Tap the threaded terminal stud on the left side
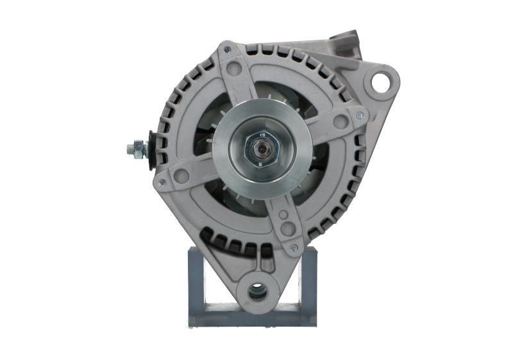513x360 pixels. coord(136,150)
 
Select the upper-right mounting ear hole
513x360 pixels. coord(380,81)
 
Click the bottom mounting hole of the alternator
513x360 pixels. coord(258,292)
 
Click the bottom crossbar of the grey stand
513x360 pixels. coord(253,318)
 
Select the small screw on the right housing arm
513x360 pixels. coord(358,116)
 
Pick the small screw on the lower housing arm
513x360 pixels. coord(294,247)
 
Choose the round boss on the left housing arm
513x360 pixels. coord(181,175)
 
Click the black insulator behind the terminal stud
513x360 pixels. coord(152,150)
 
